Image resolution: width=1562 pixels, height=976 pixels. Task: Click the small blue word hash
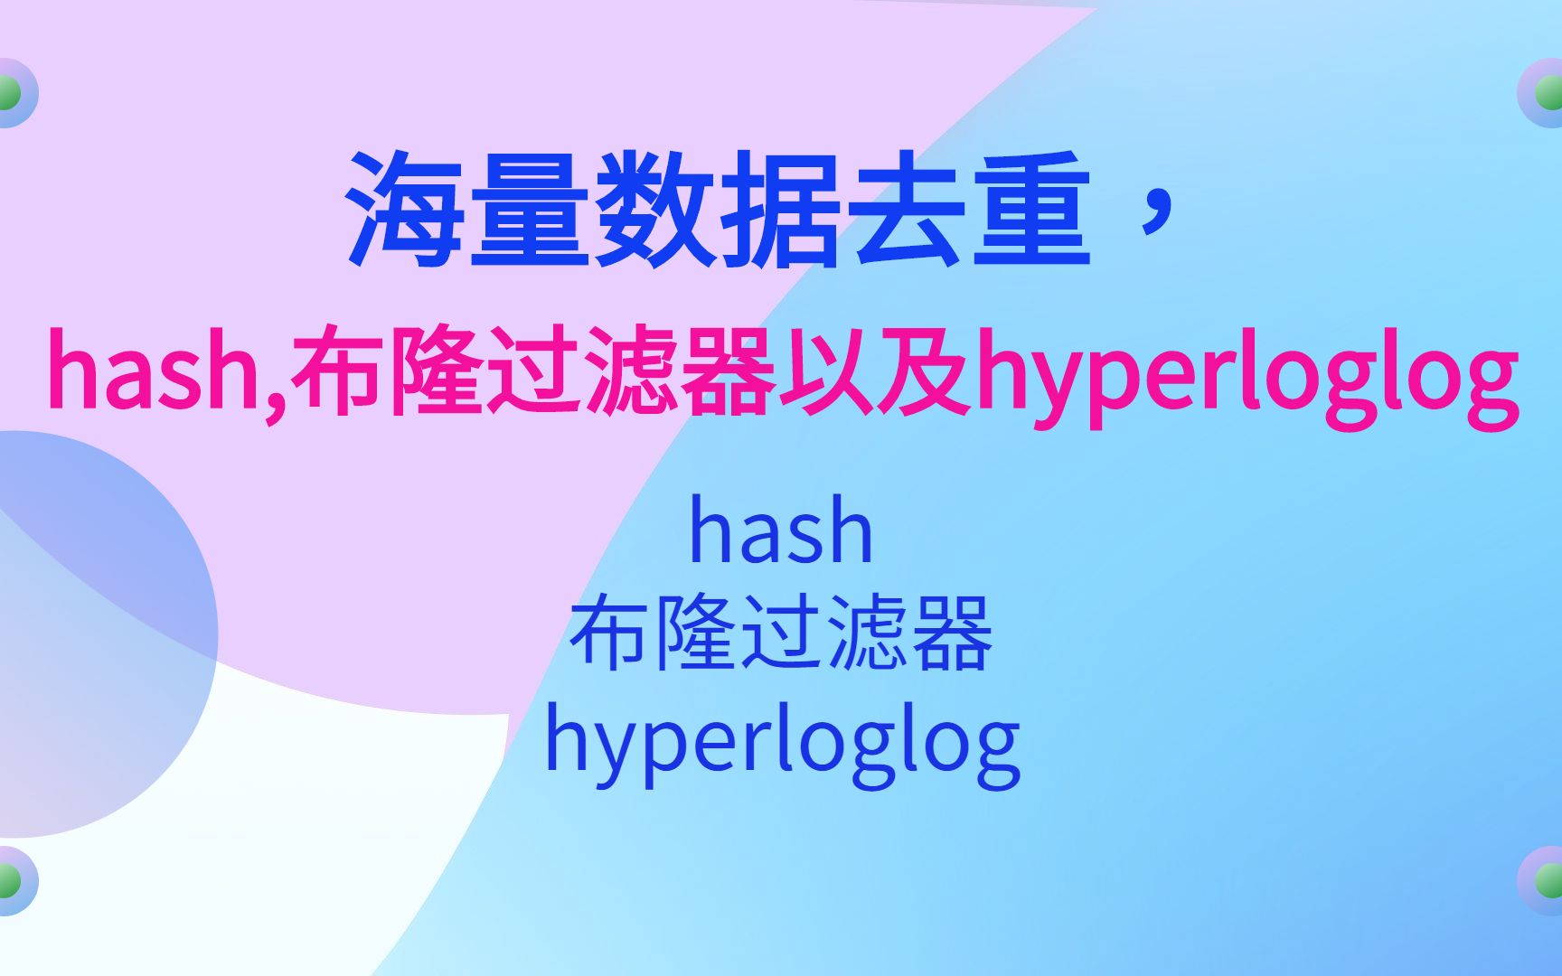point(781,531)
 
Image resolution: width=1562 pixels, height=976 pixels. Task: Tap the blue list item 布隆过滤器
point(781,634)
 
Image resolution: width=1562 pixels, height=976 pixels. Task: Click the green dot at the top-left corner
point(9,93)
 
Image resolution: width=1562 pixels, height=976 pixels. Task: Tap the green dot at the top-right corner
point(1549,93)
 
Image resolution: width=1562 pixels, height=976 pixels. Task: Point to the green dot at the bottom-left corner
point(9,880)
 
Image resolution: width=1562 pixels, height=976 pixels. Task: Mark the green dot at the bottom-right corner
point(1549,880)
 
